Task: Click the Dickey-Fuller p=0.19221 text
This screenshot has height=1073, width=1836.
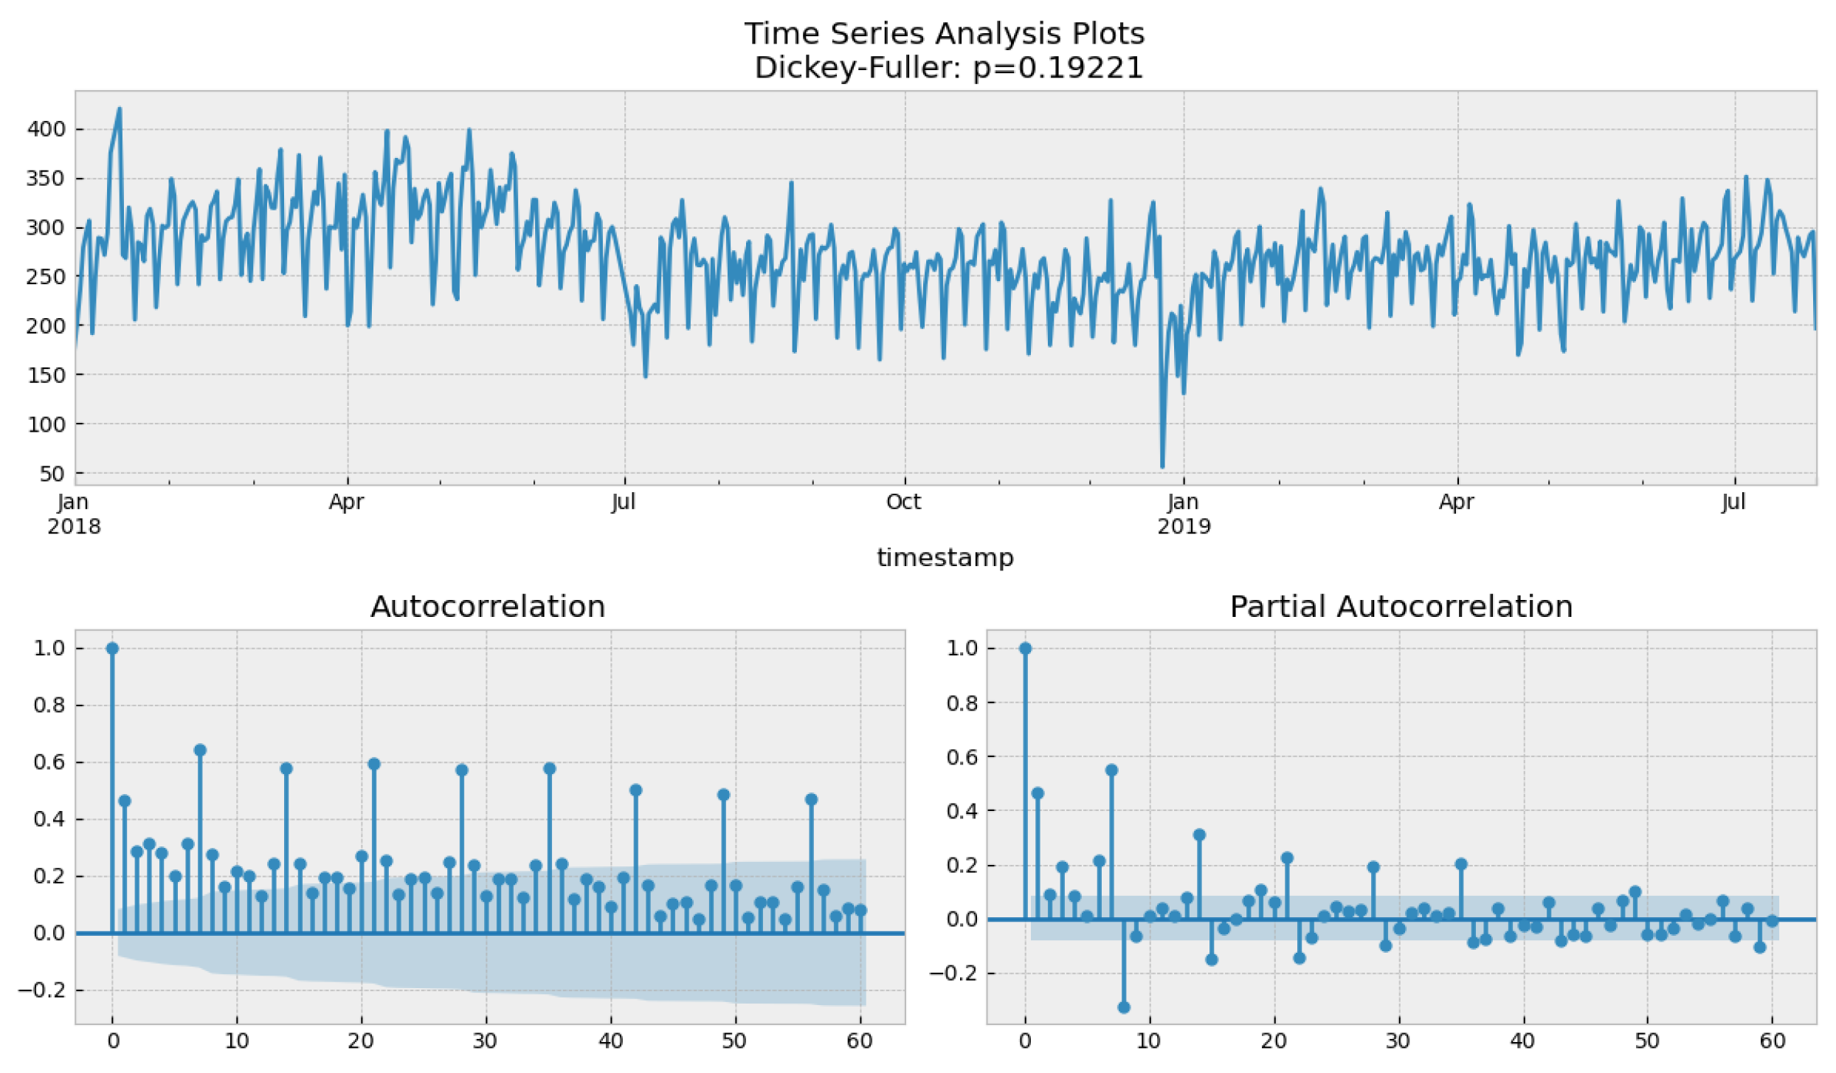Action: (948, 68)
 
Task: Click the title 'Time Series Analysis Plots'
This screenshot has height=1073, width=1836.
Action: (944, 33)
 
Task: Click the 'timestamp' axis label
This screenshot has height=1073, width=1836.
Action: (945, 557)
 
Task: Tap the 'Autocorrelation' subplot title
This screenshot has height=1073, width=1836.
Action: (487, 607)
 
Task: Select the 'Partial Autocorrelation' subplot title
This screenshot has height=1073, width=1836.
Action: (1401, 607)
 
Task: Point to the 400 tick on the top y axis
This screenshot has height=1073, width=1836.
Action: (46, 129)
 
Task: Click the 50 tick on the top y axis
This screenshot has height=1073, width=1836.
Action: (52, 473)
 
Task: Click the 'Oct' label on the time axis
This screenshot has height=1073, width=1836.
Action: (903, 502)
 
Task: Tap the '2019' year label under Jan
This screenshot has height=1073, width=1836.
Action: (1184, 526)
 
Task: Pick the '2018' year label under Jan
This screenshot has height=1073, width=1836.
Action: (74, 526)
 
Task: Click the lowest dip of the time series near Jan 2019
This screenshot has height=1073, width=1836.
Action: (1162, 466)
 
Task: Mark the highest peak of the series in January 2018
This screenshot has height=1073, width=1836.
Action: (120, 109)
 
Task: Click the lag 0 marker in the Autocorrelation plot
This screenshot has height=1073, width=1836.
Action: (112, 649)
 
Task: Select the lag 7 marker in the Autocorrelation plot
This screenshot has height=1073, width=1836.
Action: (200, 751)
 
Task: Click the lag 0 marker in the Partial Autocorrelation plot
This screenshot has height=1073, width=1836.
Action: (1025, 649)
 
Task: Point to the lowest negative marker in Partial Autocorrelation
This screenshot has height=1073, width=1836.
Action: (1124, 1007)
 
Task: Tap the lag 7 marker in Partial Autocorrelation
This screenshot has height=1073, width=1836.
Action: (1111, 770)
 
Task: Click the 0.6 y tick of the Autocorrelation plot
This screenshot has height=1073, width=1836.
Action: (49, 762)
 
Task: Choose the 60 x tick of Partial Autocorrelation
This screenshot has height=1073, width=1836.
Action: (1773, 1041)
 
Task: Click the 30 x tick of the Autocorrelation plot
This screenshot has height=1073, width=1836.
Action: (485, 1041)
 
